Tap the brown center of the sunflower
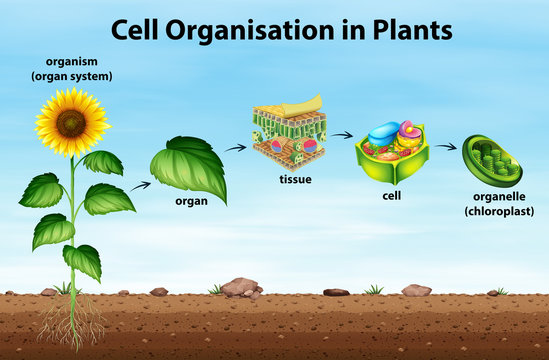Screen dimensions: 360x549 (x=72, y=122)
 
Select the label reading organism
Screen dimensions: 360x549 (x=72, y=61)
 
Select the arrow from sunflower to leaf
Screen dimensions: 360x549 (x=141, y=184)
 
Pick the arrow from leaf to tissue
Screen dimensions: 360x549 (x=235, y=148)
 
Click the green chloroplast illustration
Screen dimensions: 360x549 (x=491, y=160)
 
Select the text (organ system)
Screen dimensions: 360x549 (x=72, y=75)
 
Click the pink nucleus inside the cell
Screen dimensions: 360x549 (x=410, y=130)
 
